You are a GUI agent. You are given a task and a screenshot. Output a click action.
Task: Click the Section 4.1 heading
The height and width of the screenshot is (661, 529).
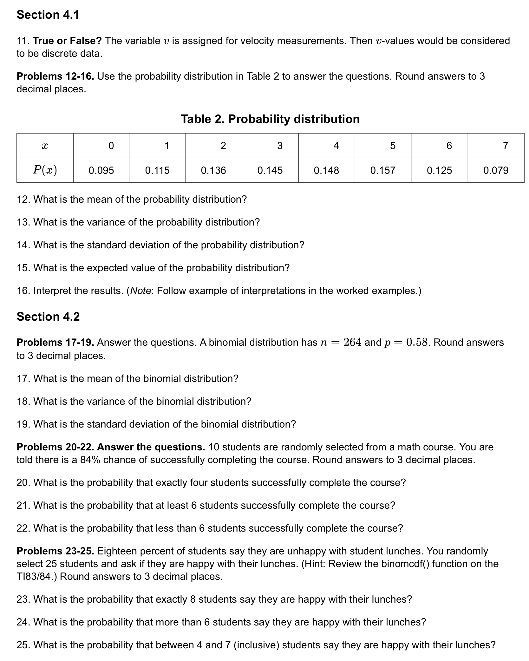point(48,15)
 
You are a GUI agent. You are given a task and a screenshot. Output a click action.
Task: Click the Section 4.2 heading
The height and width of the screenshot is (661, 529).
point(48,317)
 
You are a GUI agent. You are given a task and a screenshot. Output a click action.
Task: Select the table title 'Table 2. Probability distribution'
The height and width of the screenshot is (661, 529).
point(270,119)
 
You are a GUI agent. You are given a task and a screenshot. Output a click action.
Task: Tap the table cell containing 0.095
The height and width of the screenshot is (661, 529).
point(101,171)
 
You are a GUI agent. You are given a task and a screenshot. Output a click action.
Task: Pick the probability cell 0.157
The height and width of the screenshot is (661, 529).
point(383,171)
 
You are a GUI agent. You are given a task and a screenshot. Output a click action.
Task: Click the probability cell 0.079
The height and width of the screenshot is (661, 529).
point(496,171)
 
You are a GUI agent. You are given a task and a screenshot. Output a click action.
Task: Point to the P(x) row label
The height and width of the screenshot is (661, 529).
point(45,170)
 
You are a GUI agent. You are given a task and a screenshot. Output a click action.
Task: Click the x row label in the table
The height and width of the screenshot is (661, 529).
point(45,146)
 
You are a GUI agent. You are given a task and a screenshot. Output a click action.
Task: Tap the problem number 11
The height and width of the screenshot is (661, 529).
point(23,41)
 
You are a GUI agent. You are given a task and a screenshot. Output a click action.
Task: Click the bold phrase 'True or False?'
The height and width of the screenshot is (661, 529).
point(67,41)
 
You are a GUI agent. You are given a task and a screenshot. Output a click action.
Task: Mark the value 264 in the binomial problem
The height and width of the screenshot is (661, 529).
point(352,342)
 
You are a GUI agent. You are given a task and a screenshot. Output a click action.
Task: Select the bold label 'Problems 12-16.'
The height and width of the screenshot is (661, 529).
point(55,76)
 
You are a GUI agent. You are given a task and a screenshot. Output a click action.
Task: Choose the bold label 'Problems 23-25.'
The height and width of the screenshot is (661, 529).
point(55,551)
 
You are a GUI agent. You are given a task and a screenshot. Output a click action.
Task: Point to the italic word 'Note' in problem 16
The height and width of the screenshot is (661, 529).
point(140,291)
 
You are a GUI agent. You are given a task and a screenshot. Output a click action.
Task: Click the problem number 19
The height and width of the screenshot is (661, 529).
point(23,424)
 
